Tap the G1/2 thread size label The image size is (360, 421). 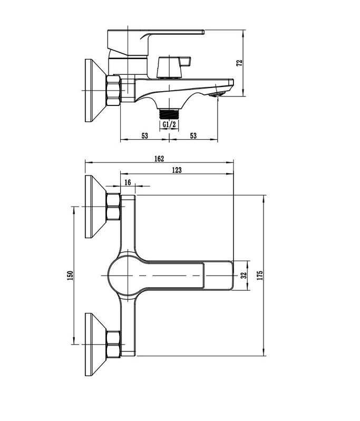[x=169, y=124]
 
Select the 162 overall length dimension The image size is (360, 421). [x=159, y=159]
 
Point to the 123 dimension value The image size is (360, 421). [x=177, y=170]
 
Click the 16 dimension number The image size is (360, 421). [x=128, y=183]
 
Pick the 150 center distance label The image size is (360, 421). [x=70, y=276]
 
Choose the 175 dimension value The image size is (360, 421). [x=260, y=276]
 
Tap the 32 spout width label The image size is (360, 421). [x=244, y=276]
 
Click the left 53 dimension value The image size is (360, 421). [x=145, y=135]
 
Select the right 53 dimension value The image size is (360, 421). [x=193, y=135]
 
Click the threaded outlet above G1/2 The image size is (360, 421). [x=169, y=114]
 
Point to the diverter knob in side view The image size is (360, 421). [x=173, y=67]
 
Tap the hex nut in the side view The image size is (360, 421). [x=113, y=91]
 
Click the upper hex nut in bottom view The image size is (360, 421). [x=113, y=207]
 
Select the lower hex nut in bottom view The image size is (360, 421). [x=113, y=344]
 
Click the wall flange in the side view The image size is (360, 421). [x=96, y=91]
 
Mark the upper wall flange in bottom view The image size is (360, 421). [x=96, y=207]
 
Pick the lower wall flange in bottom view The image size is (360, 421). [x=96, y=344]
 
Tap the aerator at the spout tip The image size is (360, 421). [x=217, y=94]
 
